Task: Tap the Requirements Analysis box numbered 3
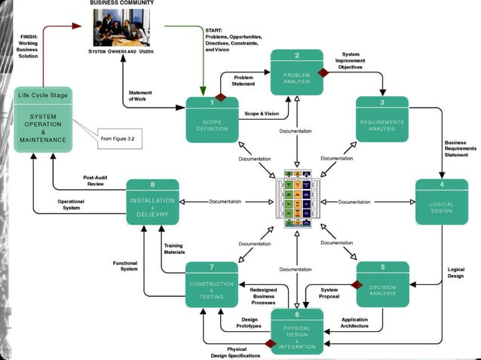tap(381, 121)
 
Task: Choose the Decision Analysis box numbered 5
tap(382, 284)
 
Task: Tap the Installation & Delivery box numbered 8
tap(152, 203)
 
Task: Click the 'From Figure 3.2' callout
tap(118, 139)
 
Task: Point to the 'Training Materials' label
tap(174, 248)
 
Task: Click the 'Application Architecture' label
tap(354, 323)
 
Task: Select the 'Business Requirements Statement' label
tap(460, 148)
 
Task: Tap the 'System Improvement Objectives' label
tap(351, 60)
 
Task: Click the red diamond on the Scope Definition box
tap(221, 97)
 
